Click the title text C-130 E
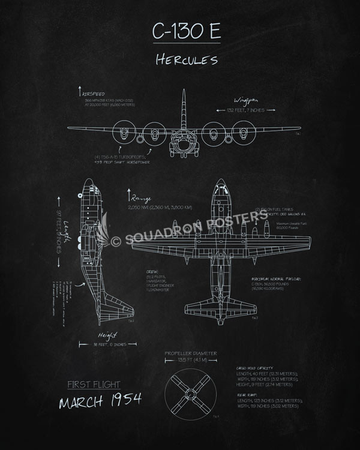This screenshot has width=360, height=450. pos(186,32)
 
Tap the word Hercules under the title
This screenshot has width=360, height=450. pos(186,59)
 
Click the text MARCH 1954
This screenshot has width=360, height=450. pos(100,401)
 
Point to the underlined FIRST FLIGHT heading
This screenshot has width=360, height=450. pos(94,385)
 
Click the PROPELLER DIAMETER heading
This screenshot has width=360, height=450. pos(191,353)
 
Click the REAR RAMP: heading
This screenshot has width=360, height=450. pos(248,395)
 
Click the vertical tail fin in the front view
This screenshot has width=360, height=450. pos(184,108)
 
